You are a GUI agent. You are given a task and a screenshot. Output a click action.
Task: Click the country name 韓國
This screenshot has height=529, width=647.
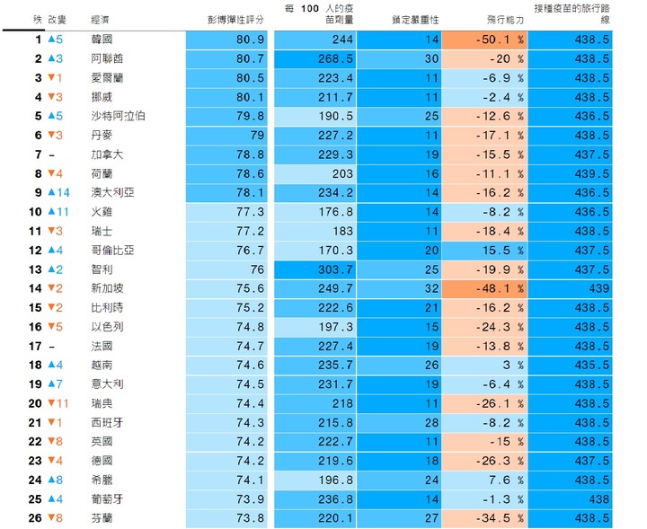coord(102,40)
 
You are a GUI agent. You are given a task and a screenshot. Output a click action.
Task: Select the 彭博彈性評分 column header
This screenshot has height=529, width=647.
coord(235,18)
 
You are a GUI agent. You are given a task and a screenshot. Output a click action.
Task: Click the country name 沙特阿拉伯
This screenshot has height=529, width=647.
coord(119,116)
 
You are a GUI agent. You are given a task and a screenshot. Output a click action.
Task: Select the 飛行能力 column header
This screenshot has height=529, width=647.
coord(504,18)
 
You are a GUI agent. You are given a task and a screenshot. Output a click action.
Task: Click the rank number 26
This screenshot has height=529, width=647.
coord(35,517)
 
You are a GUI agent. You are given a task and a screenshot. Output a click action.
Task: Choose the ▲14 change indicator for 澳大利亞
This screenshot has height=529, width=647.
coord(58,192)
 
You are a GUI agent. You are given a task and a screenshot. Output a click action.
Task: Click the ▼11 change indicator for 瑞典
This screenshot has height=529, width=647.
coord(58,403)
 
